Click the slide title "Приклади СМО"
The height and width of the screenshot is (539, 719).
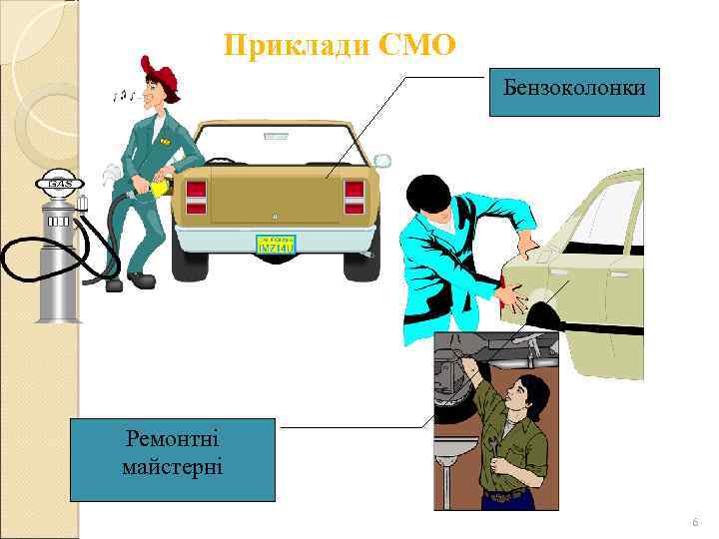coord(340,45)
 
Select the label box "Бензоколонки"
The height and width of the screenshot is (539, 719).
coord(574,90)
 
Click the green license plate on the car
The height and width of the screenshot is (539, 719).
coord(275,245)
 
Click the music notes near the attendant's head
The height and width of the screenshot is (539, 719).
coord(125,95)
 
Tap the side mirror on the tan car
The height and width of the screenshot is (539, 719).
coord(382,161)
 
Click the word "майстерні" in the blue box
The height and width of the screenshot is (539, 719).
coord(173,467)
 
